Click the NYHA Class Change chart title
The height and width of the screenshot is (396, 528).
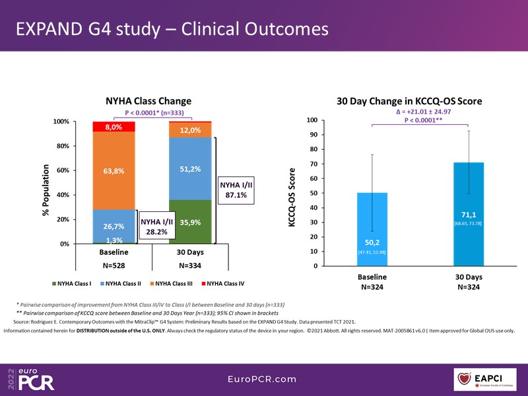148,102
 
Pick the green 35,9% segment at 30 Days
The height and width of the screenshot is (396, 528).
190,222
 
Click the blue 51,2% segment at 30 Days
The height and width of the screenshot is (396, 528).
190,169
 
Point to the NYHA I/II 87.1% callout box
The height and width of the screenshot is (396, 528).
236,191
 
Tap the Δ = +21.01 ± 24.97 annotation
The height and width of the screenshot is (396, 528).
418,112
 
